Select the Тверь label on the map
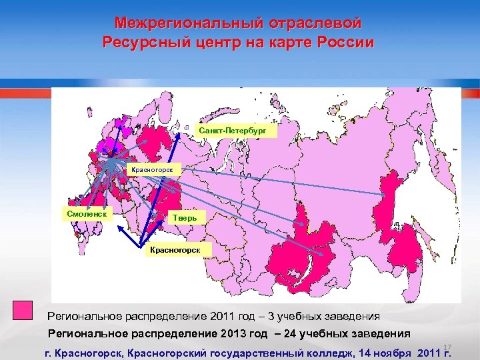[x=184, y=218]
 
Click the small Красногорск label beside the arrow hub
[x=155, y=171]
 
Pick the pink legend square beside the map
[x=23, y=311]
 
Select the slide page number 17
[x=447, y=347]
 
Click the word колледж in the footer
[x=337, y=352]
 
